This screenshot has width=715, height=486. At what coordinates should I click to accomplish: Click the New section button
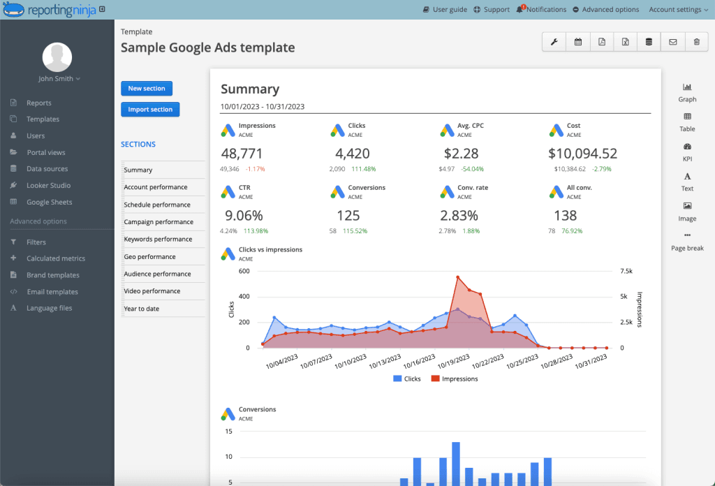(147, 89)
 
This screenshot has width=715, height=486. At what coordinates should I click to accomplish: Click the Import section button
(150, 110)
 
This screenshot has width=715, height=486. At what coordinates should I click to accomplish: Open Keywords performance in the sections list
(158, 239)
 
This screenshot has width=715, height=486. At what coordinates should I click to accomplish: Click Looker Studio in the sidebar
(48, 186)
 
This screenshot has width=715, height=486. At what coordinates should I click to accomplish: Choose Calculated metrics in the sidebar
(56, 258)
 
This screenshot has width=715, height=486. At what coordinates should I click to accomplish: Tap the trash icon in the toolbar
(696, 42)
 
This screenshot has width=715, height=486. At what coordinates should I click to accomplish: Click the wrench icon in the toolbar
(554, 42)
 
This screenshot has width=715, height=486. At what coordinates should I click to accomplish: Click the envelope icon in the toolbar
(672, 42)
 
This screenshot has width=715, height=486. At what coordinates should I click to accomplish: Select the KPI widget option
(687, 152)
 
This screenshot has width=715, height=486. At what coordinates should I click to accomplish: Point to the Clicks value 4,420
(353, 153)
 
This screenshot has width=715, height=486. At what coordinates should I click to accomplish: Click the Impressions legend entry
(455, 378)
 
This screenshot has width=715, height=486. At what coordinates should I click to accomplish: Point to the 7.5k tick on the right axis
(626, 271)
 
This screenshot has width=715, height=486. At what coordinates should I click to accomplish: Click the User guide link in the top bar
(445, 10)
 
